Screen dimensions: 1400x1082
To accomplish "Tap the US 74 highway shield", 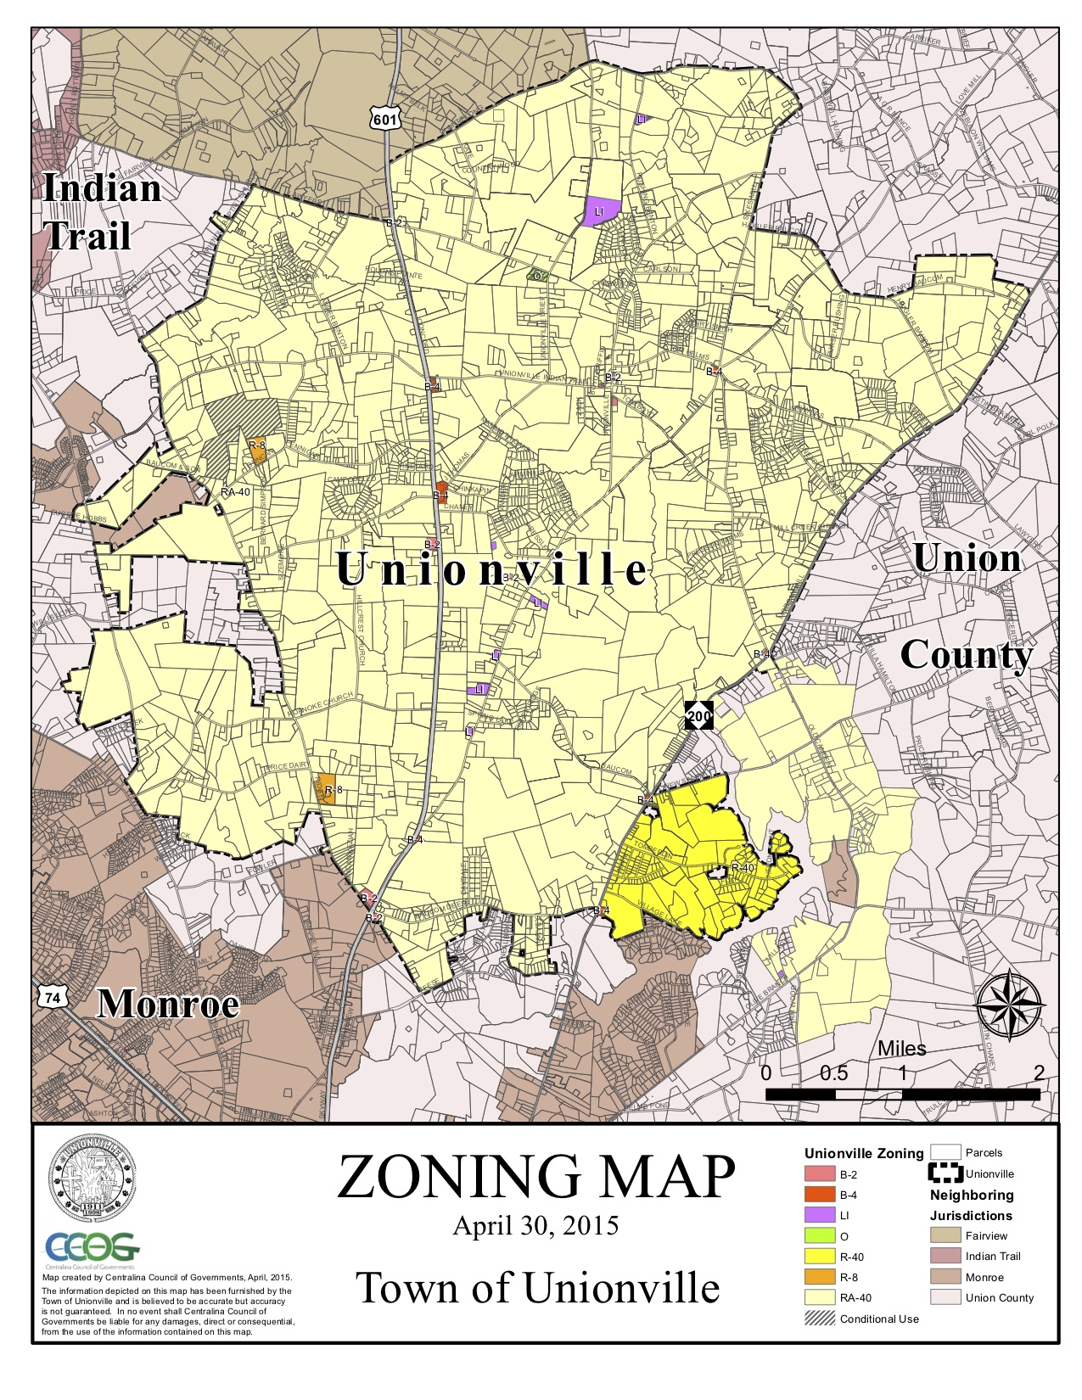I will pos(52,998).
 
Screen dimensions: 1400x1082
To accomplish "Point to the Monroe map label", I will pos(168,1004).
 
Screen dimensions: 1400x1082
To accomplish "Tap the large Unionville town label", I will pos(492,569).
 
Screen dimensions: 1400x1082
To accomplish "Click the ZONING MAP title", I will pos(536,1176).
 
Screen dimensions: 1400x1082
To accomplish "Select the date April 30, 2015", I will pos(535,1226).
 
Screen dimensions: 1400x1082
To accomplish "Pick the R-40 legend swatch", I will pos(820,1257).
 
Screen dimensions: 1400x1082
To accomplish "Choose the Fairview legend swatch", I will pos(945,1235).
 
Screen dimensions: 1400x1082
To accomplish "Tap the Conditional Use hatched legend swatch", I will pos(820,1319).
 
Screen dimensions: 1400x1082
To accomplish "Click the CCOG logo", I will pos(92,1248).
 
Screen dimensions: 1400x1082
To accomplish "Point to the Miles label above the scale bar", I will pos(901,1049).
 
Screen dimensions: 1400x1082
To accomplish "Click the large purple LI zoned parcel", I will pos(601,211).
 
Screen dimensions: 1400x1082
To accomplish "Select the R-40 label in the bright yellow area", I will pos(743,868).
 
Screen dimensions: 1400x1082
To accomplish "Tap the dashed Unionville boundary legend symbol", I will pos(945,1173).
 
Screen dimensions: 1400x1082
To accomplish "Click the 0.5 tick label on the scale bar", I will pos(833,1072).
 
